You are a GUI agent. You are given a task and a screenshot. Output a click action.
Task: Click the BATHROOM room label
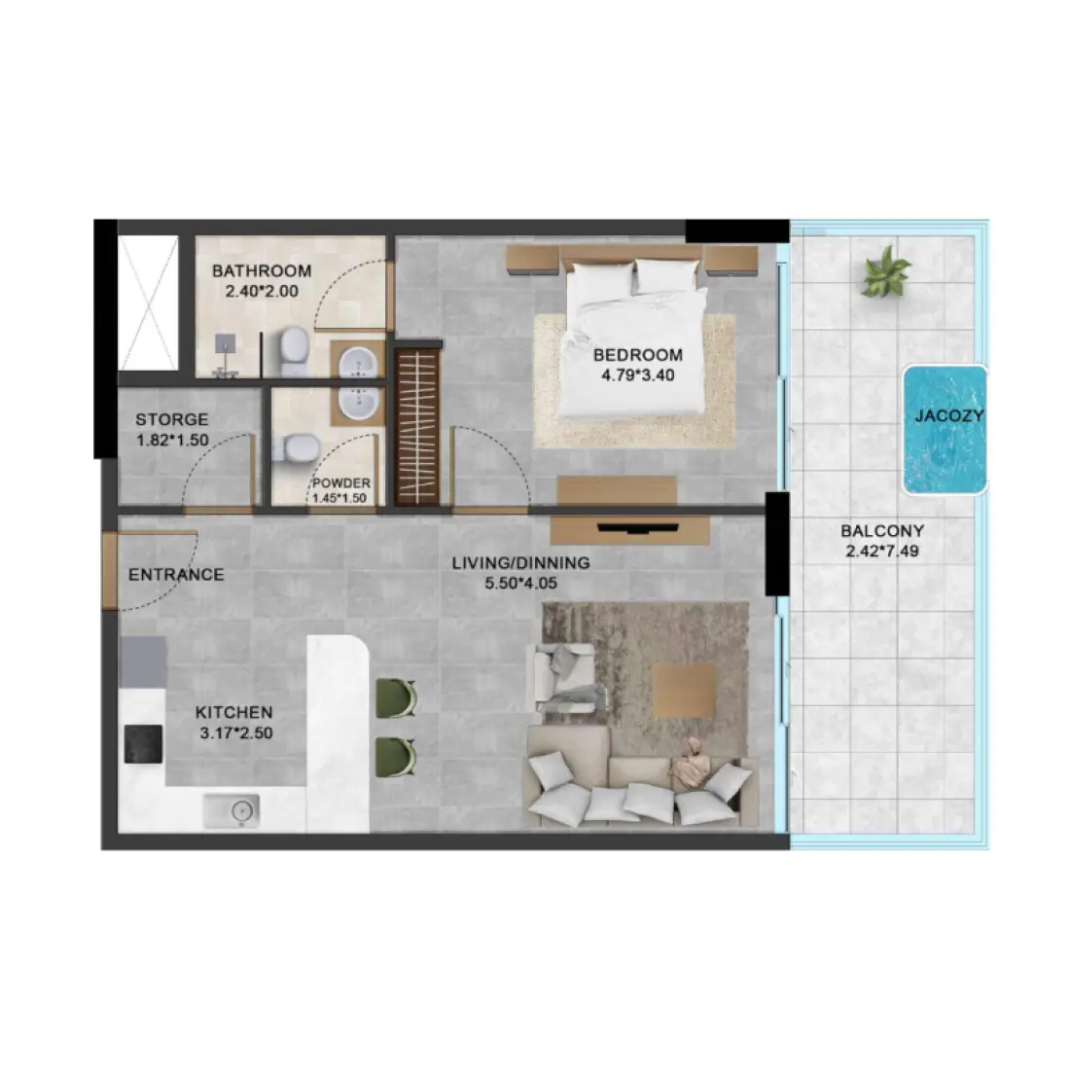click(x=262, y=270)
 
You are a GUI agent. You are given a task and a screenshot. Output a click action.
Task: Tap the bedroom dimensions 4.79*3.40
click(x=637, y=374)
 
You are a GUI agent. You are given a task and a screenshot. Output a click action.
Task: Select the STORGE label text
click(x=171, y=420)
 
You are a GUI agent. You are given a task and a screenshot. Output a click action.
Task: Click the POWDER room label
click(x=340, y=483)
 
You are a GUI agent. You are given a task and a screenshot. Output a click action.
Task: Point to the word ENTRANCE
click(x=176, y=575)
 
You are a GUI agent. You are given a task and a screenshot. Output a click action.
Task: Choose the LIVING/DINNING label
click(x=520, y=563)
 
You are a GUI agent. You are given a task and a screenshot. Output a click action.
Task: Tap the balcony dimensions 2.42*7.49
click(x=882, y=551)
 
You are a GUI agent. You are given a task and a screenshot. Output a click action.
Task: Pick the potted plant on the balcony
click(x=886, y=271)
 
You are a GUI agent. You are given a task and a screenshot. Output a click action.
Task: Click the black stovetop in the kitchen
click(x=144, y=744)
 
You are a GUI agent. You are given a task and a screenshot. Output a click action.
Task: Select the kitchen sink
click(x=232, y=809)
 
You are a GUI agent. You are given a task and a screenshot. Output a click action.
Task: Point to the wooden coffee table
click(x=684, y=692)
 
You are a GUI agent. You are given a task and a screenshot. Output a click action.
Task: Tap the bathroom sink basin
click(x=357, y=363)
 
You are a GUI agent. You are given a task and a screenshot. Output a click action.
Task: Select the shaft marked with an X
click(x=148, y=303)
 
